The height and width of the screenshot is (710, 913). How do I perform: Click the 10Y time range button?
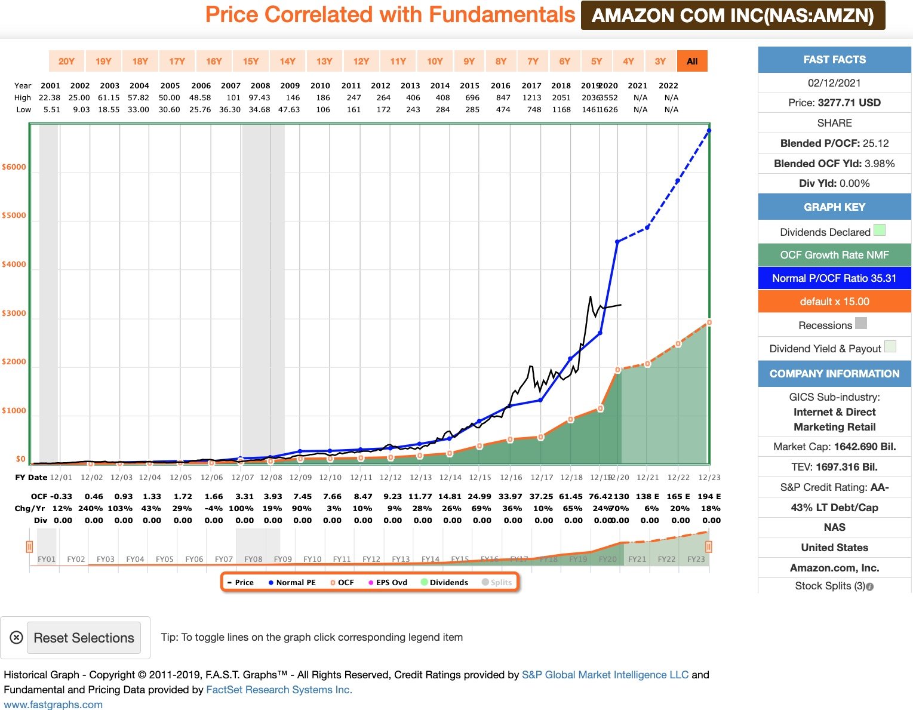point(435,61)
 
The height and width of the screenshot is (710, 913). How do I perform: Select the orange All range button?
point(692,61)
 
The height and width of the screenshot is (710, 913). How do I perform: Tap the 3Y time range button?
point(660,61)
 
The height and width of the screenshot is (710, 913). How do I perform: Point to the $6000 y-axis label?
point(14,167)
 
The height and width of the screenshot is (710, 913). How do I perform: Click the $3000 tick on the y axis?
point(14,313)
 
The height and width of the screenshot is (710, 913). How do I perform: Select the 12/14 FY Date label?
point(450,478)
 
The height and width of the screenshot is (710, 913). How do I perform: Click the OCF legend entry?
point(342,583)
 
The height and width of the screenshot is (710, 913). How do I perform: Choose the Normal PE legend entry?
point(292,583)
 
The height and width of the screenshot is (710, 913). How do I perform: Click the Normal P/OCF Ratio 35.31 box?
point(834,278)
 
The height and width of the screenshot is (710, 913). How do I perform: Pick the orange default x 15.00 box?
point(834,302)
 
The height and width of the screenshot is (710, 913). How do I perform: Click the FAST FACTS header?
point(834,60)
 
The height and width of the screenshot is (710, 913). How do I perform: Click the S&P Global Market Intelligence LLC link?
point(605,675)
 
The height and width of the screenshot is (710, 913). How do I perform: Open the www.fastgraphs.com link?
point(53,705)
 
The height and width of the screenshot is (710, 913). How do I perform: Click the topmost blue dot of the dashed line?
point(709,130)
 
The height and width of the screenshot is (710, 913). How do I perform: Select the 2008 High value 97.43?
point(260,98)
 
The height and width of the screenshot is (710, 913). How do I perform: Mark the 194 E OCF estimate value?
point(709,497)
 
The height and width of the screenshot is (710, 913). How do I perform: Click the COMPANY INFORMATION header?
point(834,374)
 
